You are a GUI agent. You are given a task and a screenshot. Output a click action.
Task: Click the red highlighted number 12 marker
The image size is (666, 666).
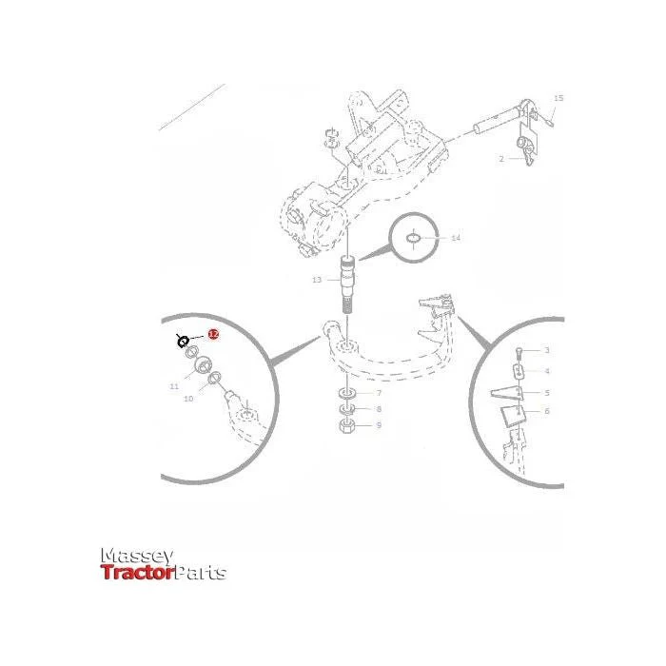click(213, 335)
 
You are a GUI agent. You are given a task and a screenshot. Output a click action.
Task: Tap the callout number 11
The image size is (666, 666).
click(174, 386)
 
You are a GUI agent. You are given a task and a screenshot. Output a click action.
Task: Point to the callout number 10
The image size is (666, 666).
click(188, 400)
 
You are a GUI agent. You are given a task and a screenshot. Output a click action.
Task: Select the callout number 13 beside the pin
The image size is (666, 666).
click(317, 281)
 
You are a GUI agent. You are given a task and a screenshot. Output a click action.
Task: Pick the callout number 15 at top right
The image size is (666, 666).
click(558, 98)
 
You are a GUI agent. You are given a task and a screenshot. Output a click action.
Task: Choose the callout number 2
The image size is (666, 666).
click(500, 159)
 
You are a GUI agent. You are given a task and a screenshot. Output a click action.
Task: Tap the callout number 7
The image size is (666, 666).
click(378, 392)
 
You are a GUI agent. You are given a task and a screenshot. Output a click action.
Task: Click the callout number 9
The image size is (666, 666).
click(378, 425)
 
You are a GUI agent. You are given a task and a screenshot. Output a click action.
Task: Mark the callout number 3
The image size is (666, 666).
click(546, 351)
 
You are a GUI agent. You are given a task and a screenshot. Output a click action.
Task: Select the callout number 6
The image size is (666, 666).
click(546, 411)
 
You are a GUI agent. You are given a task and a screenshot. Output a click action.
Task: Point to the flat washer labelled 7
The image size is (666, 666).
click(343, 392)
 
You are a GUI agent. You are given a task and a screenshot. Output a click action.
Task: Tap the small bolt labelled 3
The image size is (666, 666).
click(519, 354)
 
